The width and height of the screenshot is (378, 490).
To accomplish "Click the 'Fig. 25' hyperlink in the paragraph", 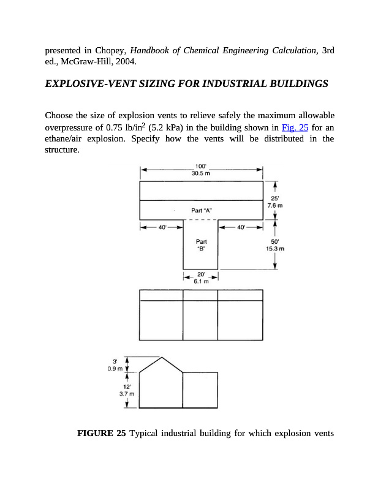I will [295, 127].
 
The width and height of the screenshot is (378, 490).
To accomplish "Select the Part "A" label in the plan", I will [201, 210].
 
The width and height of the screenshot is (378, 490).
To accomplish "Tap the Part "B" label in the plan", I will [201, 245].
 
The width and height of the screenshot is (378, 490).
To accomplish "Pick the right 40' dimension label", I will [242, 228].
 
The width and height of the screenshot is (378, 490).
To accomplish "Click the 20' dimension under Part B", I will [201, 275].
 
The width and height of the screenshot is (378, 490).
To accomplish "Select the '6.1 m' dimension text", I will [201, 282].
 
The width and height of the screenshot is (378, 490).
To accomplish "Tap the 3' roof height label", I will [114, 363].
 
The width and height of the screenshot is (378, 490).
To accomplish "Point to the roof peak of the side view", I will [161, 357].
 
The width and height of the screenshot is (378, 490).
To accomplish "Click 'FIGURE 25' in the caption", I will [101, 434].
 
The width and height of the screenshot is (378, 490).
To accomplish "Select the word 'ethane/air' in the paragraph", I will [66, 138].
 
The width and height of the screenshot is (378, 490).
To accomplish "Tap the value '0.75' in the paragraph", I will [115, 127].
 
